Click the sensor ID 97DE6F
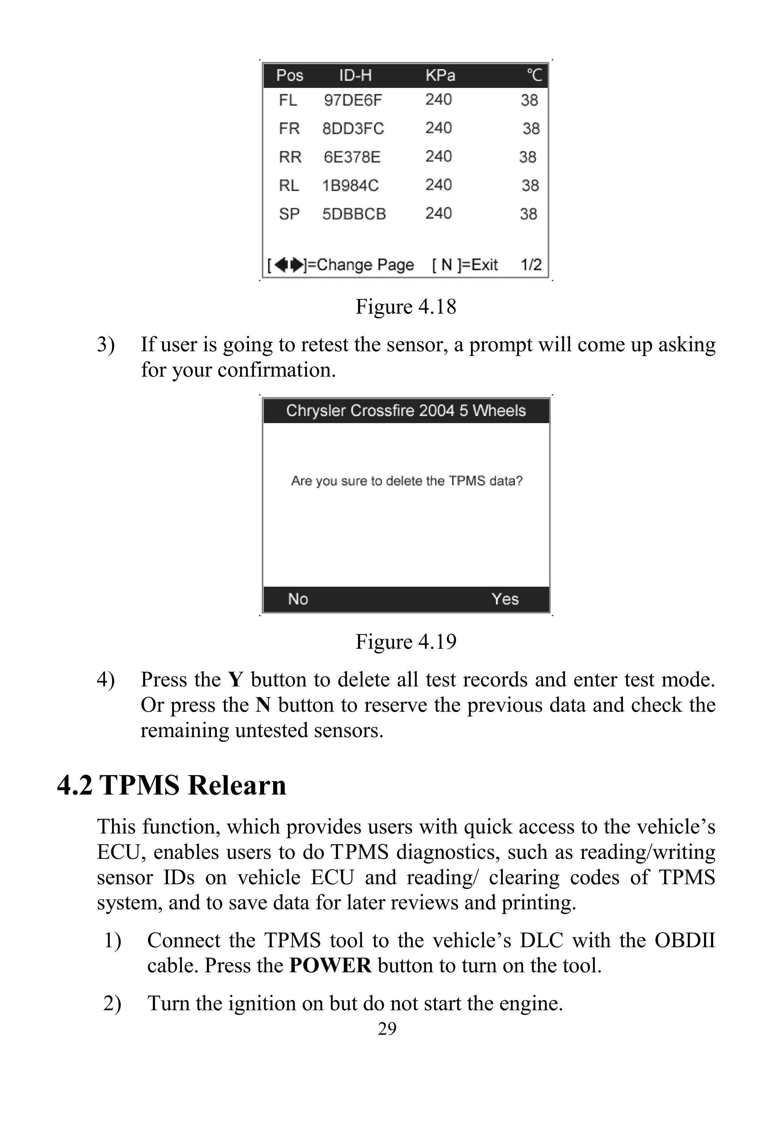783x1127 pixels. (352, 100)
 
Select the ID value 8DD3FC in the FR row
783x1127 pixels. (353, 128)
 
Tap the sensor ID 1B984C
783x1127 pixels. (350, 185)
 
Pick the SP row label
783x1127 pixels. (289, 214)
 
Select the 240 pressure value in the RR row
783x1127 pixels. (438, 156)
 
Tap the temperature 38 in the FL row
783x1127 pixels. (530, 100)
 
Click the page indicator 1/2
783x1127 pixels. (531, 265)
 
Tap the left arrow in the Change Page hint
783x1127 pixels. (281, 265)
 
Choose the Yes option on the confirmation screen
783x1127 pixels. (505, 599)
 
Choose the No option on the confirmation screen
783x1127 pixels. (298, 599)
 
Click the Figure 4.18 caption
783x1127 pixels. (406, 306)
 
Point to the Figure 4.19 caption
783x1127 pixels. (406, 642)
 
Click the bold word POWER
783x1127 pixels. (330, 965)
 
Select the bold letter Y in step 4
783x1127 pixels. (236, 680)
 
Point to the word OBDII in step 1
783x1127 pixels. (684, 940)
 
